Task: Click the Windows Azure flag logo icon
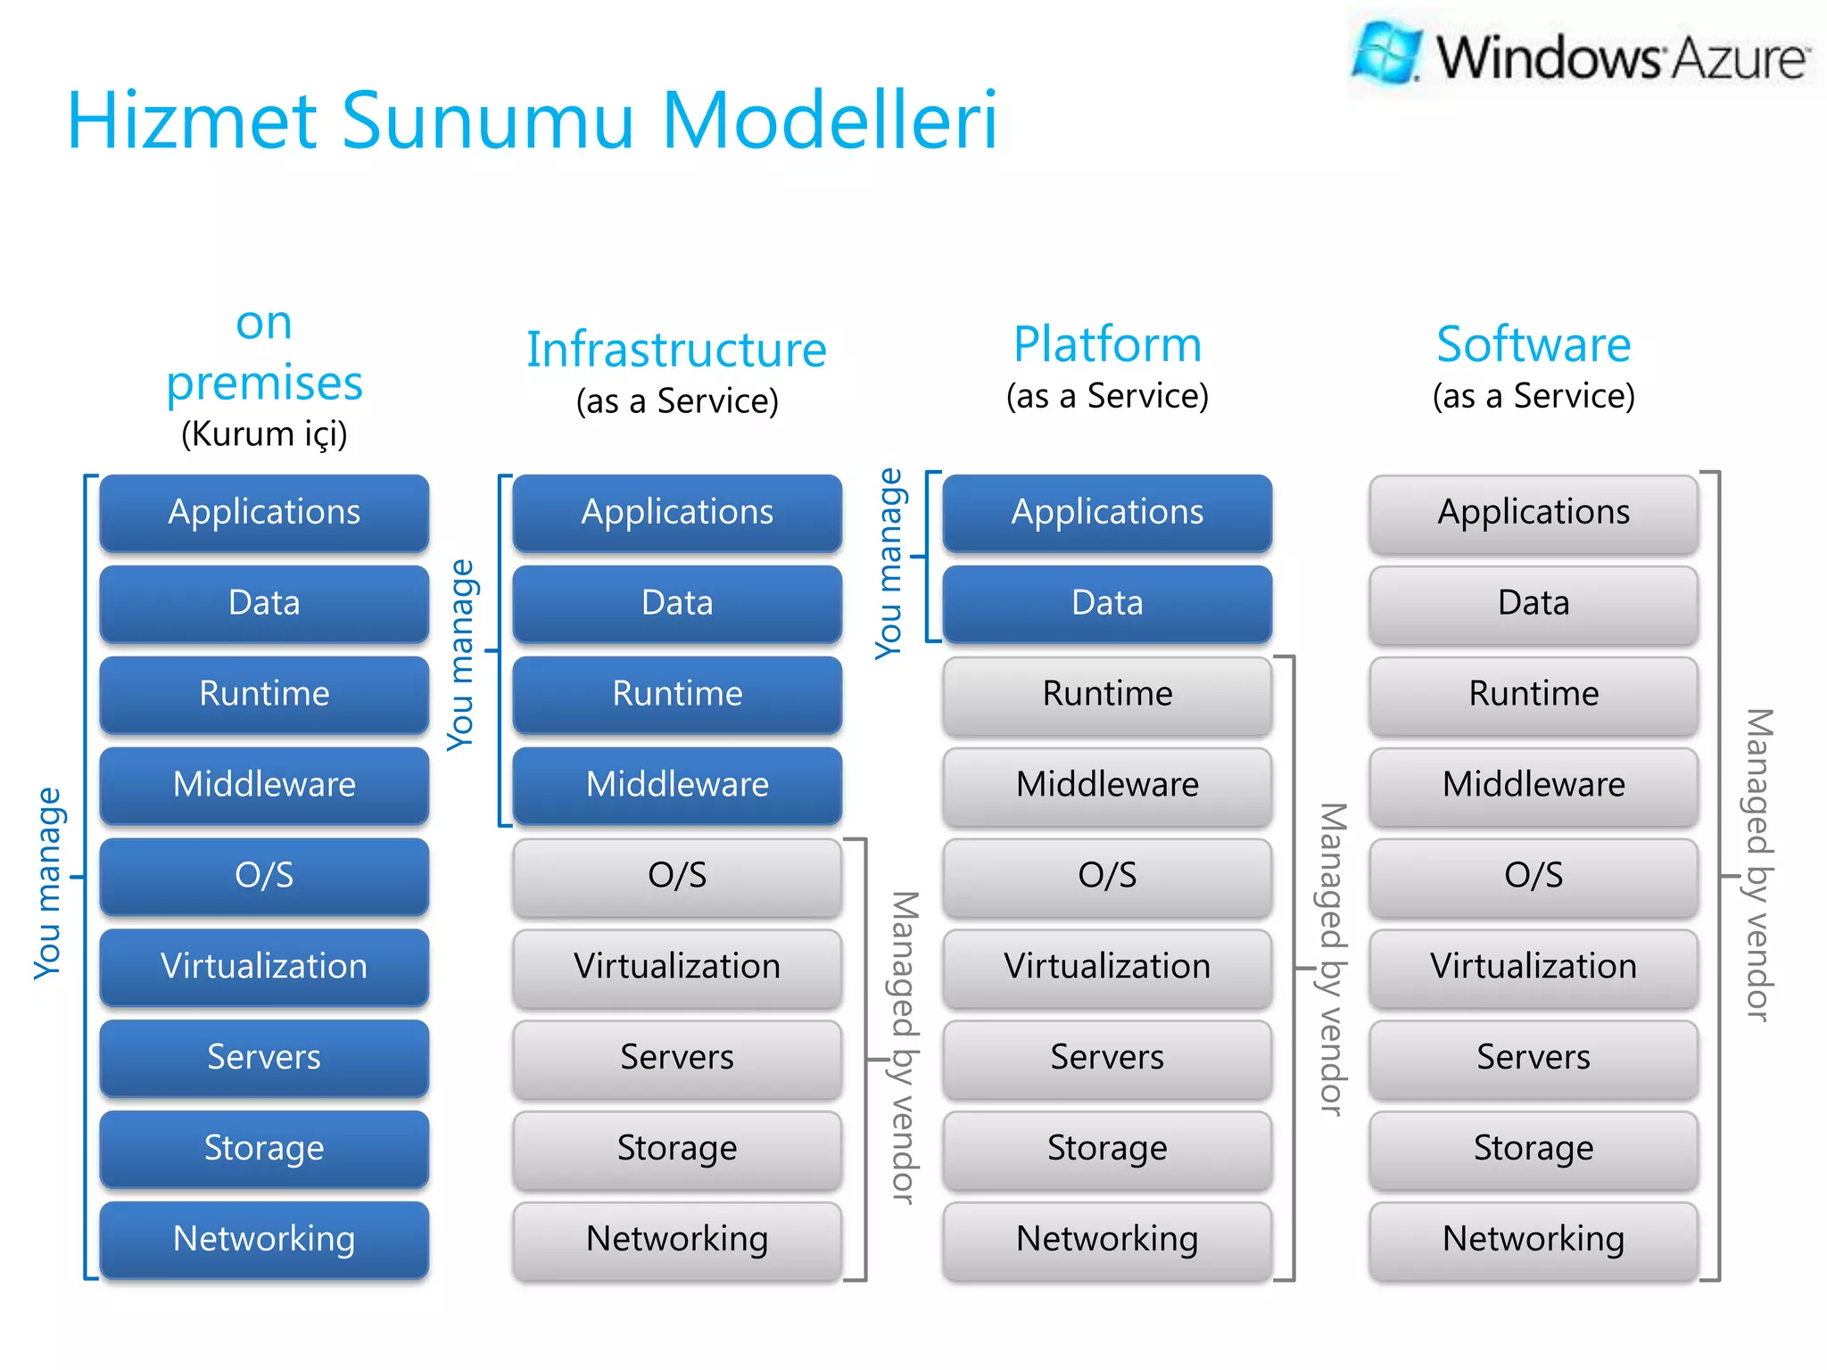(x=1386, y=52)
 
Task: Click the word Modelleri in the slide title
(x=829, y=120)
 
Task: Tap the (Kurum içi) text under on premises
(x=264, y=434)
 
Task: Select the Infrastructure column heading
(x=676, y=350)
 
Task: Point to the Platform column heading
(x=1107, y=344)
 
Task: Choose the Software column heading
(x=1533, y=344)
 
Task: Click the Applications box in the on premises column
(x=264, y=513)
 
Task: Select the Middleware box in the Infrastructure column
(x=677, y=785)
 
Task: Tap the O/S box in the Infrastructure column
(x=677, y=876)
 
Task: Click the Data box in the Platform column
(x=1107, y=603)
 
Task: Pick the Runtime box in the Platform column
(x=1107, y=694)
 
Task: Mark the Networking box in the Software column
(x=1533, y=1239)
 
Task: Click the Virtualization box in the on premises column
(x=264, y=967)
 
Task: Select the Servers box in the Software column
(x=1533, y=1058)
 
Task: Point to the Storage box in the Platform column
(x=1107, y=1149)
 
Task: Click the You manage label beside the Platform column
(x=889, y=564)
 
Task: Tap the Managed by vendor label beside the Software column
(x=1757, y=865)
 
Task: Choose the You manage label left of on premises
(x=48, y=883)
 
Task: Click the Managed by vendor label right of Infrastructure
(x=904, y=1048)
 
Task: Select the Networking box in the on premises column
(x=264, y=1239)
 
